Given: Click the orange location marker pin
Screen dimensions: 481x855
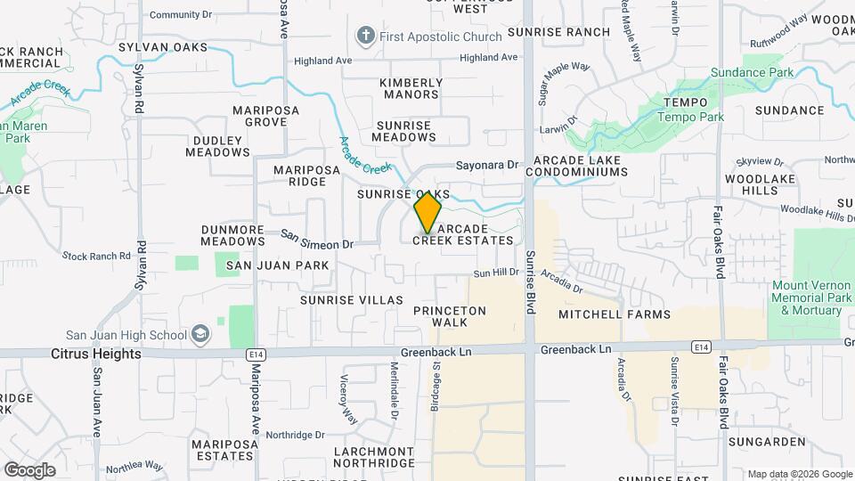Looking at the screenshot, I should (x=428, y=212).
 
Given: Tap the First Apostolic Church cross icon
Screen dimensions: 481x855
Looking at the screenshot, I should (x=364, y=37).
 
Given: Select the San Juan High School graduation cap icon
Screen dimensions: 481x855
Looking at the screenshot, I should (x=201, y=335).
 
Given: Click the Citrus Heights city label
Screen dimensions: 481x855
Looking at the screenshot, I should (x=96, y=354).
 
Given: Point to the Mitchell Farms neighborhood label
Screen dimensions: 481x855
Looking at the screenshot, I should (x=614, y=314).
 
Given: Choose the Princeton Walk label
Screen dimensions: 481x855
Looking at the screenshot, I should (x=450, y=316).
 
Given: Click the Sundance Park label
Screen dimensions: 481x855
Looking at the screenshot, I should (x=752, y=71).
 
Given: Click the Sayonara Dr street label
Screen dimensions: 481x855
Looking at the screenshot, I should (x=486, y=165).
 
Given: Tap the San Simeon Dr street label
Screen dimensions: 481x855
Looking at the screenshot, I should (x=318, y=240).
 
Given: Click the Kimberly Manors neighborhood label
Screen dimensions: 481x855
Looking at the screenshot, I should (x=411, y=88).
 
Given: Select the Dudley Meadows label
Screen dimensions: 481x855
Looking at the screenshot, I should (x=217, y=146).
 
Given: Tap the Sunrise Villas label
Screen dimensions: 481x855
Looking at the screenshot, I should (x=351, y=300).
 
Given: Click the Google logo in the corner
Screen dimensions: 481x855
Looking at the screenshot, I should (x=29, y=469).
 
